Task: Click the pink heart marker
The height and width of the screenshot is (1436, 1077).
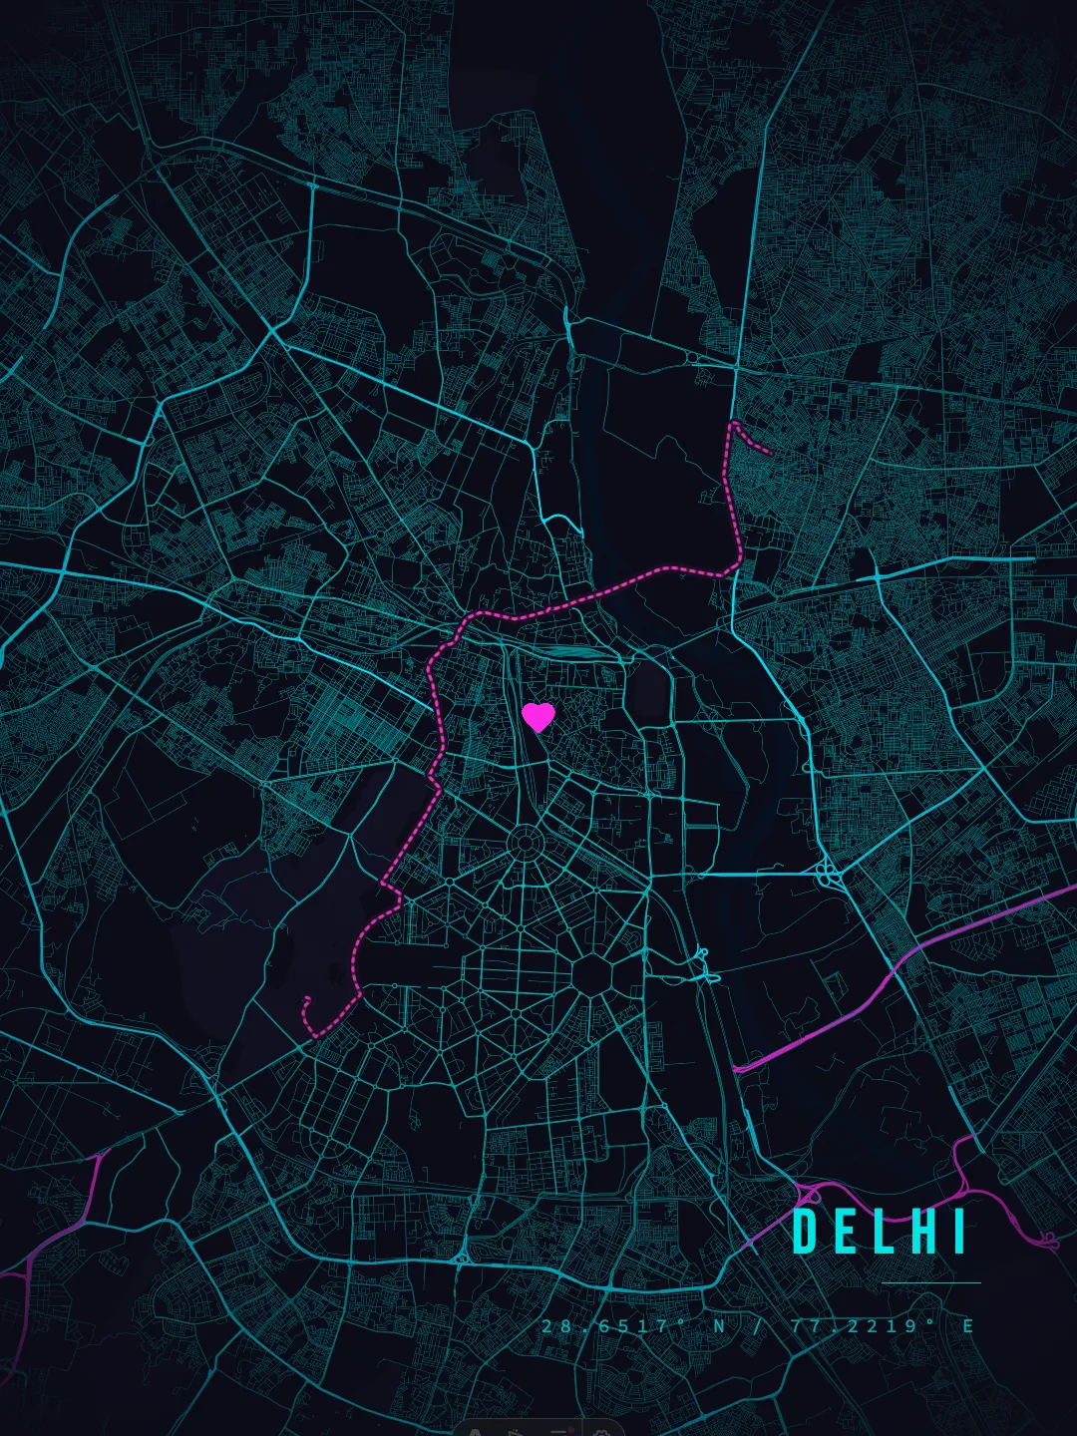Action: (538, 716)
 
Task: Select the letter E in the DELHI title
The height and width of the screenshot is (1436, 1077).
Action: (845, 1232)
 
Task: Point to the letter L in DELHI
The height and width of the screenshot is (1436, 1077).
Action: (884, 1232)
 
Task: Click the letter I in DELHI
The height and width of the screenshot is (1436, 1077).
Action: (959, 1232)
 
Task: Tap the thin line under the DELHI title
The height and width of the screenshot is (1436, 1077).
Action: (931, 1283)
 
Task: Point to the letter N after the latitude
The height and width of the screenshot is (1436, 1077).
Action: (719, 1326)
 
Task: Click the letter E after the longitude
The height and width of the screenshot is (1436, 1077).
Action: (967, 1326)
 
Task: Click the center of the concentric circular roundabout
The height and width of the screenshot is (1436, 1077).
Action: (523, 844)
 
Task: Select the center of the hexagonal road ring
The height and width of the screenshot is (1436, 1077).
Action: (595, 970)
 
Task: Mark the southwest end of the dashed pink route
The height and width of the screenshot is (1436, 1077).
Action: (307, 998)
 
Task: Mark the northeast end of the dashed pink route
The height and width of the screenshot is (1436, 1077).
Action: (770, 453)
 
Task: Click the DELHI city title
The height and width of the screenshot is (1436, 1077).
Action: (881, 1232)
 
